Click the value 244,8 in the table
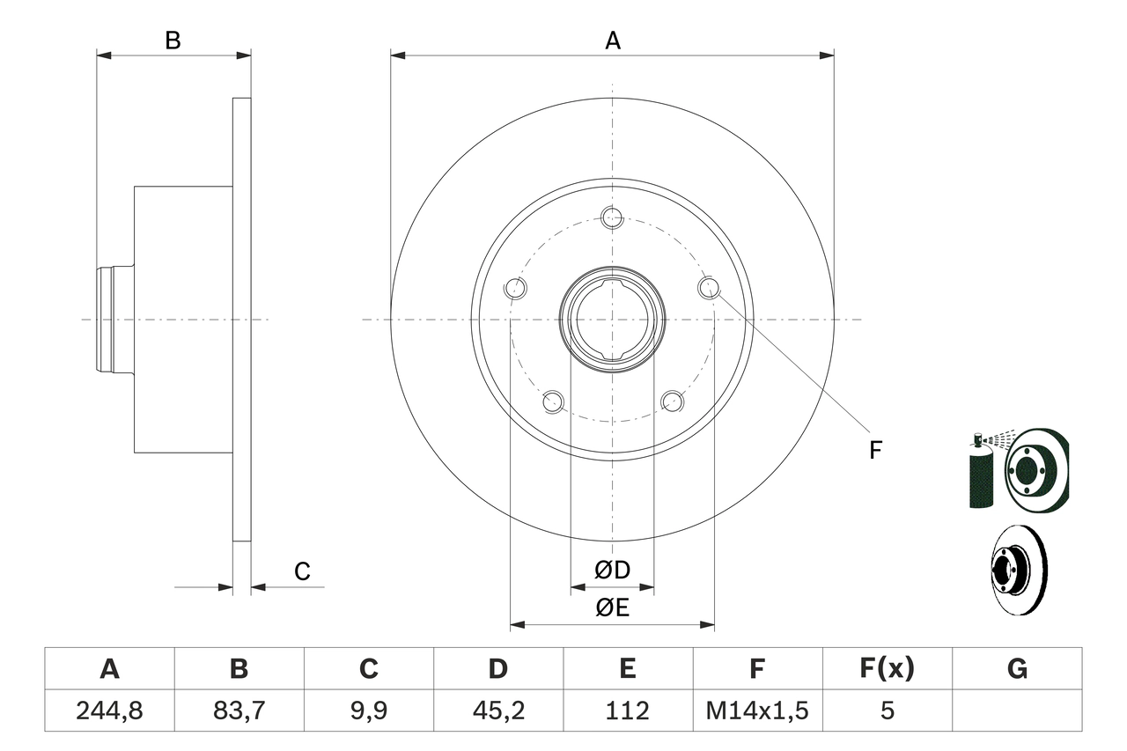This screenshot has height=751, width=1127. [x=109, y=711]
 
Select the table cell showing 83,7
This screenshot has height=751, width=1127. [x=239, y=711]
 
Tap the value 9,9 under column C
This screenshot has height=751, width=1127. [x=368, y=711]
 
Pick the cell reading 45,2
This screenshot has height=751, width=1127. [x=497, y=711]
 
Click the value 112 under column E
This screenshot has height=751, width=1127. [x=627, y=711]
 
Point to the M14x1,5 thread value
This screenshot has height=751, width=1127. [x=757, y=711]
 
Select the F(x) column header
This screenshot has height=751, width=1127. [x=887, y=669]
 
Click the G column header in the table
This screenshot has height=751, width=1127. [x=1017, y=669]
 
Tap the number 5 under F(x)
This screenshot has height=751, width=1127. [x=887, y=711]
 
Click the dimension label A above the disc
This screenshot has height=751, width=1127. [x=612, y=40]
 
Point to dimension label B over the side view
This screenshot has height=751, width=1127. [x=173, y=40]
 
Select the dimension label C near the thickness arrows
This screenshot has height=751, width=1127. [x=302, y=571]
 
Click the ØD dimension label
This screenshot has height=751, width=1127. [x=612, y=571]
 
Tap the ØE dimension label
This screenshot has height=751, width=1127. [x=612, y=607]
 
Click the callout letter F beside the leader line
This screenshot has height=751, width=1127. [x=874, y=450]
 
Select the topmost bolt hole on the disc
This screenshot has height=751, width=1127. [x=612, y=217]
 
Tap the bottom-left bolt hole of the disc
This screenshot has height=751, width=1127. [x=552, y=401]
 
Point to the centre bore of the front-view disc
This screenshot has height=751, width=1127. [x=612, y=319]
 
